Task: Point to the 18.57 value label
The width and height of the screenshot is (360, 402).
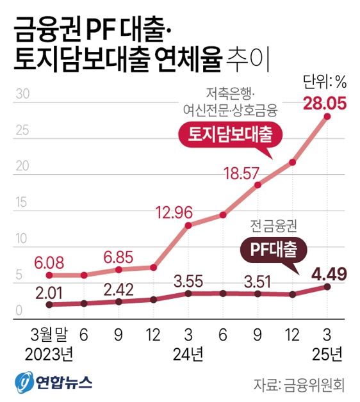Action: pyautogui.click(x=240, y=172)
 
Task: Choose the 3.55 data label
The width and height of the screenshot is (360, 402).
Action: pyautogui.click(x=188, y=280)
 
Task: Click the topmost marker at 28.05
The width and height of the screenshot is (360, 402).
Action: pyautogui.click(x=327, y=116)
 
